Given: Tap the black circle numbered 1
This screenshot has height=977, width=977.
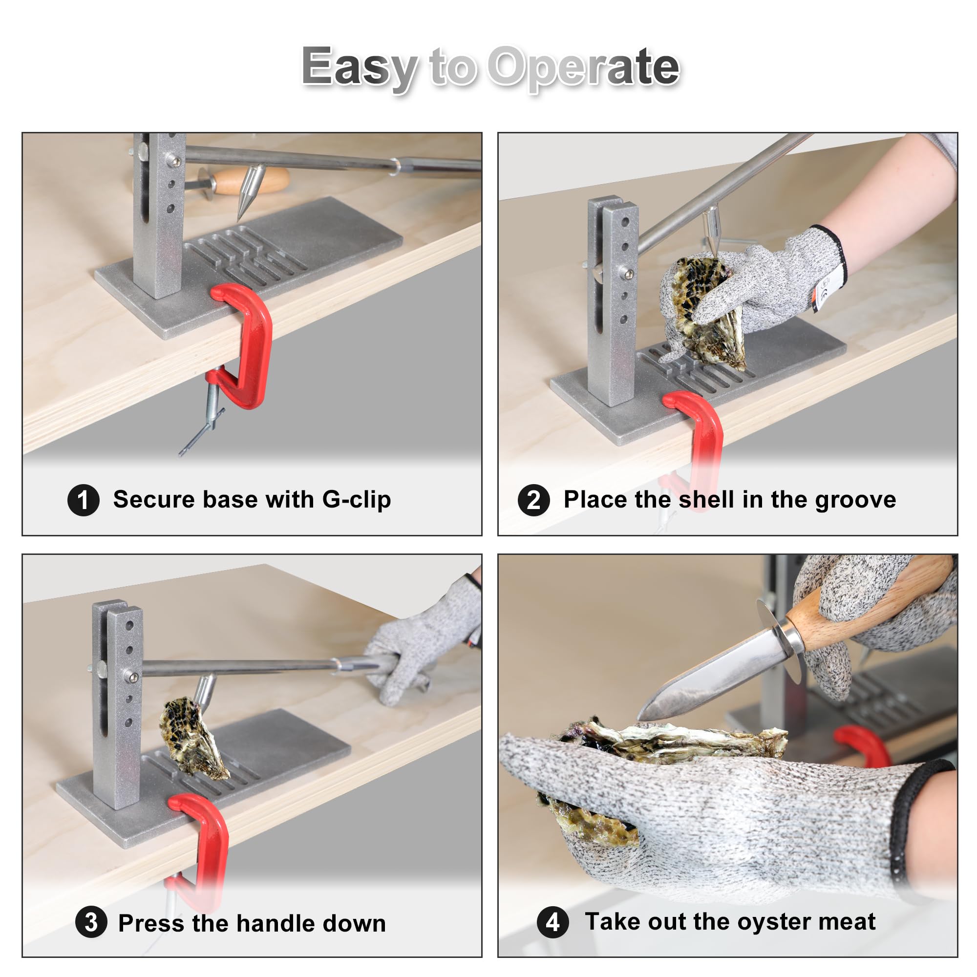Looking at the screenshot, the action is [84, 500].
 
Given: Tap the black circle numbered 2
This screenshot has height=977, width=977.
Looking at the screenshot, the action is [534, 500].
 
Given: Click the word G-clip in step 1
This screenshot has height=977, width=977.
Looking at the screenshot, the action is [357, 500].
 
